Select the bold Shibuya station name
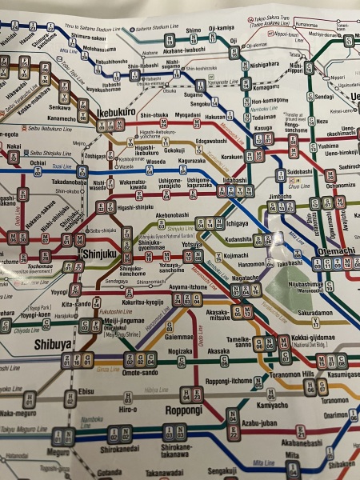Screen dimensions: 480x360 coord(54,343)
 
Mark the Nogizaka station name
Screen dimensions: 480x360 coord(180,350)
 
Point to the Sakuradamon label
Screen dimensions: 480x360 coord(314,314)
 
